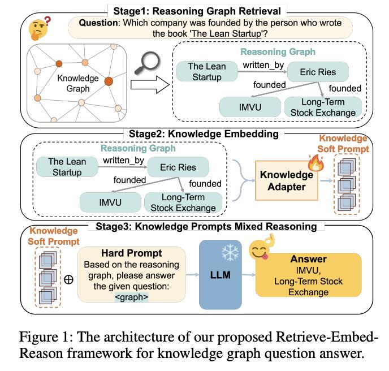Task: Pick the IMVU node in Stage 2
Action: click(110, 202)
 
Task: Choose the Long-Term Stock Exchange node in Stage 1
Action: click(321, 107)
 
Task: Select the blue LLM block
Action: click(217, 275)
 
